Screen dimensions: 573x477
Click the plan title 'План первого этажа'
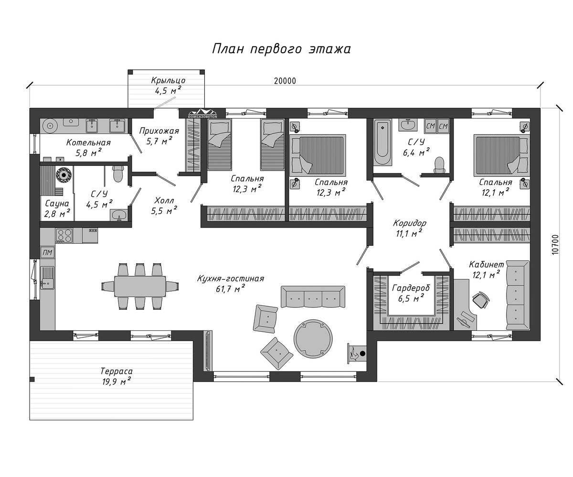(281, 49)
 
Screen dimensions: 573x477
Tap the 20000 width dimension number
(285, 81)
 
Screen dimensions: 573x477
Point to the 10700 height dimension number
(554, 245)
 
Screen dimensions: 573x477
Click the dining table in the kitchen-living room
(140, 286)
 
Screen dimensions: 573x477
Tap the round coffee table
(313, 338)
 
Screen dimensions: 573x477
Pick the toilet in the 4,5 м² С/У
(118, 173)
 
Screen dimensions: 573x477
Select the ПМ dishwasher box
(48, 252)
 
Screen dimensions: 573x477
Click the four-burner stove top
(64, 236)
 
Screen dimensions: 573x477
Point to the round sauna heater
(64, 174)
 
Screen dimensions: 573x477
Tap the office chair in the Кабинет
(481, 300)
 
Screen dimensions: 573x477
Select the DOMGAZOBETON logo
(202, 114)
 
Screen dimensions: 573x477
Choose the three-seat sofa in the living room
(313, 297)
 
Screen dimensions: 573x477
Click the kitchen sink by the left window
(47, 278)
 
